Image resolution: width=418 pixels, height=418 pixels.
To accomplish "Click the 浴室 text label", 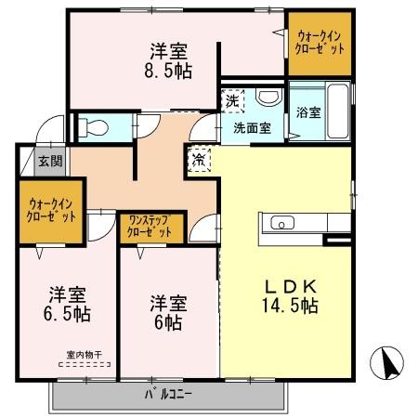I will pyautogui.click(x=308, y=112).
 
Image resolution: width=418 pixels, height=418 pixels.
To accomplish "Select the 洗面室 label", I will pyautogui.click(x=253, y=129).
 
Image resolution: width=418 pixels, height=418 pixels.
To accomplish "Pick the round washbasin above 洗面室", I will pyautogui.click(x=268, y=98).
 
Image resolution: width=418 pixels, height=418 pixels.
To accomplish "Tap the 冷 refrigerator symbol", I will pyautogui.click(x=200, y=159).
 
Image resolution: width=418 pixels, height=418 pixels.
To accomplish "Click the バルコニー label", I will pyautogui.click(x=167, y=394).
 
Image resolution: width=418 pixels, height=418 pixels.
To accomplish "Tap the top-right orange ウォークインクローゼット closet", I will pyautogui.click(x=320, y=43).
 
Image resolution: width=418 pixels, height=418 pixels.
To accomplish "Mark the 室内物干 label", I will pyautogui.click(x=84, y=353).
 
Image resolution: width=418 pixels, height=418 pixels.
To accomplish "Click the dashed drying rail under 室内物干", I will pyautogui.click(x=85, y=364).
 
